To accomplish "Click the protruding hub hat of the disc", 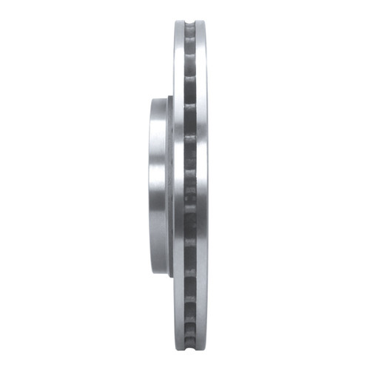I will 159,185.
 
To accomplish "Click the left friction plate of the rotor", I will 178,185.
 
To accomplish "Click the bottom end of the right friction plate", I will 201,349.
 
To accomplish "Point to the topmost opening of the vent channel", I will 190,30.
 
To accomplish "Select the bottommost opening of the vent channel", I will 190,342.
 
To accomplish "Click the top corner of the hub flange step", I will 169,98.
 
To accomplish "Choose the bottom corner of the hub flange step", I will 169,275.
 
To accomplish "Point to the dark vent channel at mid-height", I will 190,185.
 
